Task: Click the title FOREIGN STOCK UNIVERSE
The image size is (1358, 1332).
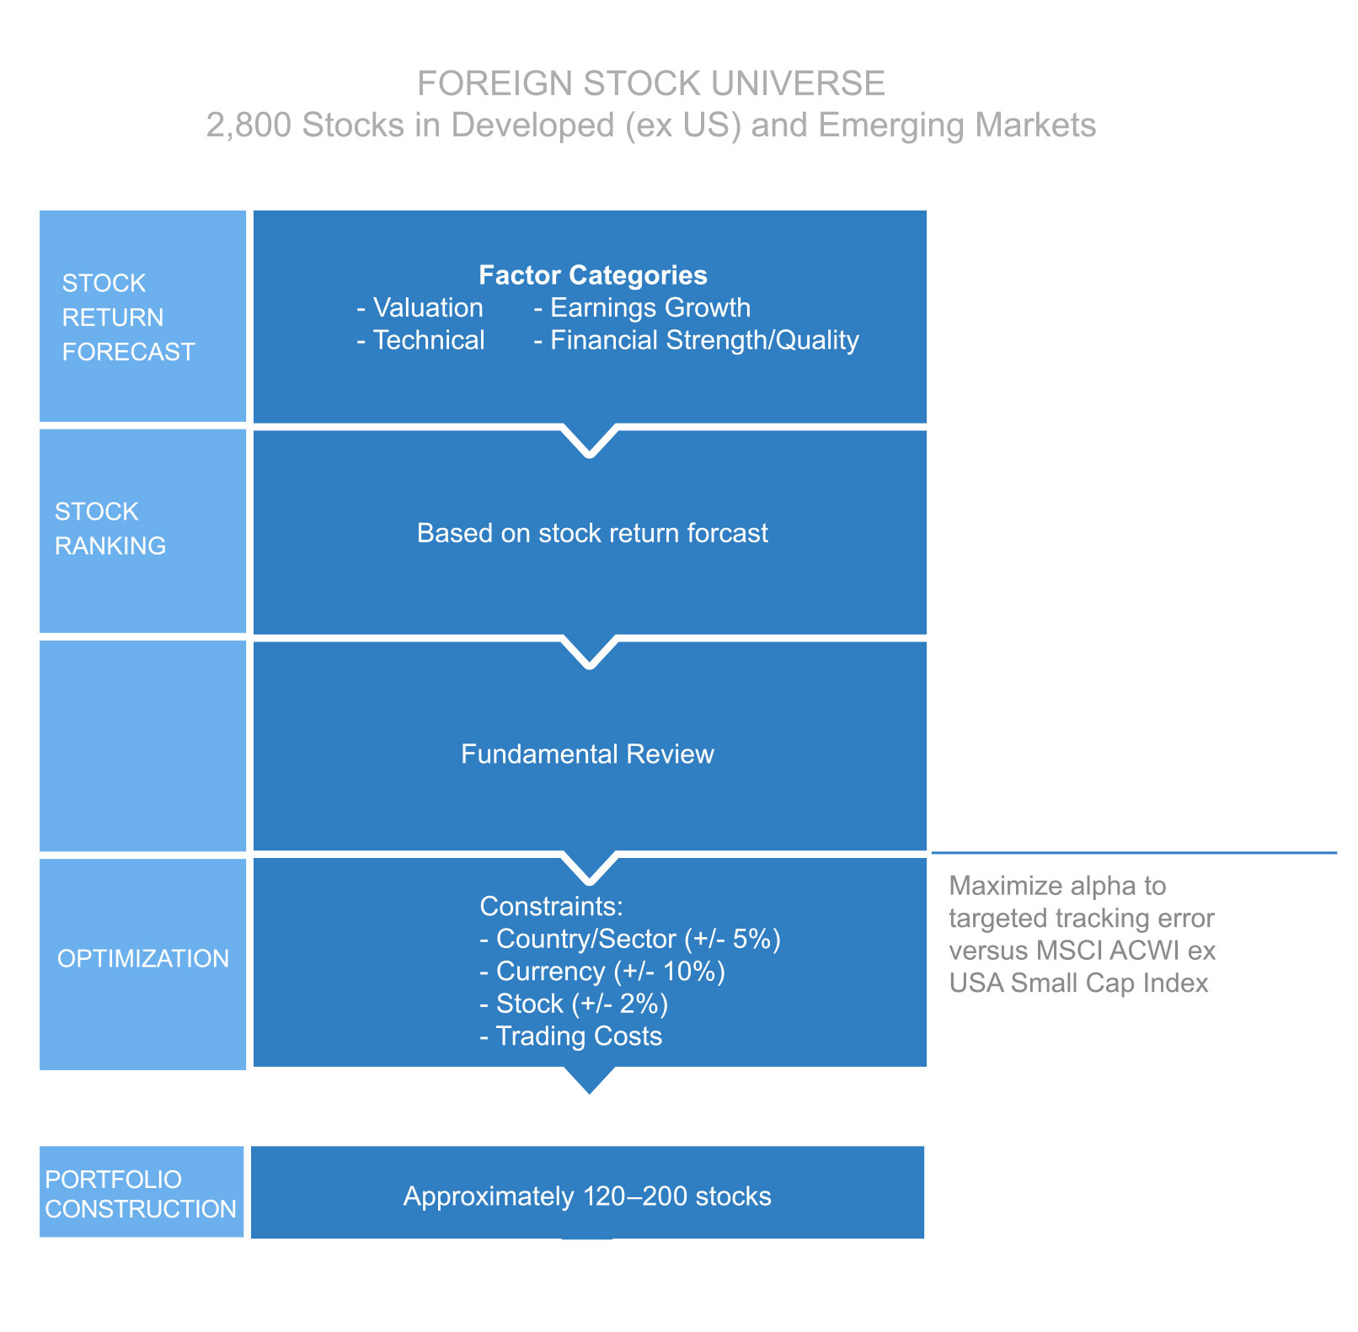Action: [650, 83]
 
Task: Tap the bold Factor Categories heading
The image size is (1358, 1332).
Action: [592, 275]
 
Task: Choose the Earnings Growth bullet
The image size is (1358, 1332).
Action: [642, 308]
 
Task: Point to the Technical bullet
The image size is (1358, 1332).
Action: [420, 340]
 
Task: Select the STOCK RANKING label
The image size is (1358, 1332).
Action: [110, 529]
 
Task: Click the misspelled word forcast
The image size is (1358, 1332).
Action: [728, 533]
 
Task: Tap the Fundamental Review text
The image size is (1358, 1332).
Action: [587, 754]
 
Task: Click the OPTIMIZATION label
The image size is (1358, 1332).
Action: [142, 958]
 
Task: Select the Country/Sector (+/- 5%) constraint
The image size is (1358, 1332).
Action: [630, 939]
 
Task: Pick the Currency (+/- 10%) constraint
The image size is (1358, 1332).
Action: [602, 972]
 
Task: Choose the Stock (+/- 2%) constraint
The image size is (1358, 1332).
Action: [574, 1004]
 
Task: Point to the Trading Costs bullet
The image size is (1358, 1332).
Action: [571, 1036]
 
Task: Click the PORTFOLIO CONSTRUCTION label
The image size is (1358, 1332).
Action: [140, 1194]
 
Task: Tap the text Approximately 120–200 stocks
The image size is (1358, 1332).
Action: [587, 1196]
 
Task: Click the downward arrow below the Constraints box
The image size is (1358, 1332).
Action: [590, 1080]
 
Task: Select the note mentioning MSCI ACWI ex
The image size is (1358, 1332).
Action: [1082, 935]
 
